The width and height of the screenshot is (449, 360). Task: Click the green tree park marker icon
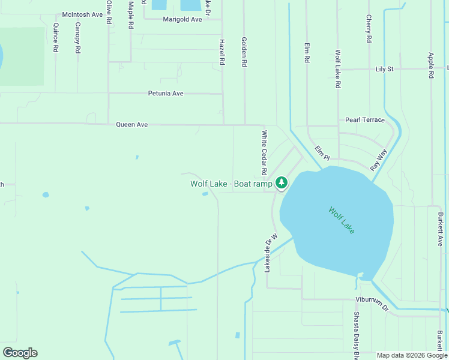(x=282, y=182)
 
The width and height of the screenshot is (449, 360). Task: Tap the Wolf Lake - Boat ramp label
(x=232, y=184)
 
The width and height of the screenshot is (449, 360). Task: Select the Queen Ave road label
(x=131, y=125)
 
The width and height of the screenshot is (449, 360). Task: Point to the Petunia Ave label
(x=166, y=94)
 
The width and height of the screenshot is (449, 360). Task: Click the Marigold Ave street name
(x=182, y=19)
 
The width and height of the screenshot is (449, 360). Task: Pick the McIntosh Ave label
(x=83, y=14)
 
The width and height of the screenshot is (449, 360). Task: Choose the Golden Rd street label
(x=244, y=52)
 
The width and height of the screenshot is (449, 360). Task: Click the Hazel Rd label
(x=221, y=52)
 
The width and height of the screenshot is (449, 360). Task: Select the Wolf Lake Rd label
(x=338, y=69)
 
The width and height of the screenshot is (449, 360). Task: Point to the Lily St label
(x=384, y=69)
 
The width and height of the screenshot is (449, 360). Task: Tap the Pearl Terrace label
(x=365, y=120)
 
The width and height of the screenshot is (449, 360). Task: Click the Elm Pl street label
(x=322, y=154)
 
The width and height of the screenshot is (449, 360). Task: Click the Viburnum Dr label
(x=372, y=304)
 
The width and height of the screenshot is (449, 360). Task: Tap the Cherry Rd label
(x=369, y=29)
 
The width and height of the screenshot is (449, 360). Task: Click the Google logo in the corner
(x=20, y=353)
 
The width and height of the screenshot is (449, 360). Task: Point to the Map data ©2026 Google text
(x=412, y=355)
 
